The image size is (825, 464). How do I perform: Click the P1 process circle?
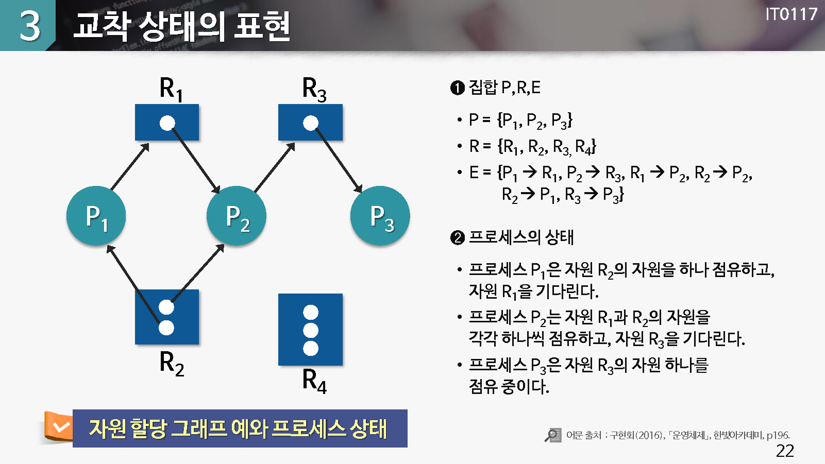point(96,216)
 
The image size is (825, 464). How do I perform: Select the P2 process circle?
point(237,216)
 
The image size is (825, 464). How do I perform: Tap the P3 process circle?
point(380,216)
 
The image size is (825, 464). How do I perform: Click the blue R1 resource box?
point(167,123)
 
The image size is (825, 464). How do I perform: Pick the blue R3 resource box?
point(310,123)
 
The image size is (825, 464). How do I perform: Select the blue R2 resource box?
point(167,317)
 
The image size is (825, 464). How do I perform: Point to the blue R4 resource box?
point(310,330)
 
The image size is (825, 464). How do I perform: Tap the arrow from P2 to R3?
point(274,167)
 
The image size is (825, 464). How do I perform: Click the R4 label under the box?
point(314,381)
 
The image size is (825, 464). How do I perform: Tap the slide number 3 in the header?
point(30,26)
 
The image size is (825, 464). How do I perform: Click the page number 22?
point(785,451)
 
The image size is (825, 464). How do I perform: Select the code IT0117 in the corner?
point(791,14)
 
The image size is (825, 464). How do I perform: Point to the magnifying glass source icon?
point(553,435)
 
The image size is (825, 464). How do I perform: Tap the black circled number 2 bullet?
point(458,238)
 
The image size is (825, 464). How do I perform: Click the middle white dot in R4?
point(311,330)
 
